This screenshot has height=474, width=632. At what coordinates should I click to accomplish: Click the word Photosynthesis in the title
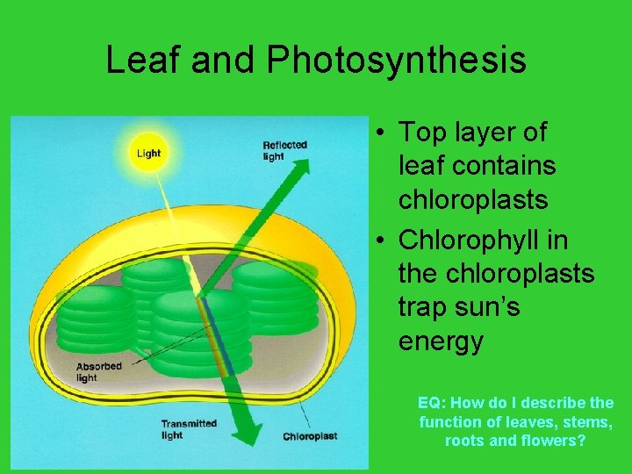pyautogui.click(x=396, y=60)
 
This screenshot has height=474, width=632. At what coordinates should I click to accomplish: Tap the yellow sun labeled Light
pyautogui.click(x=148, y=153)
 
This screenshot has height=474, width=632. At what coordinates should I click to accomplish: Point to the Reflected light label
pyautogui.click(x=284, y=150)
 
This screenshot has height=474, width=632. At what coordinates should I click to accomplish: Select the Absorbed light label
pyautogui.click(x=98, y=372)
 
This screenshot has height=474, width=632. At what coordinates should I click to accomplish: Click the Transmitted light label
pyautogui.click(x=188, y=429)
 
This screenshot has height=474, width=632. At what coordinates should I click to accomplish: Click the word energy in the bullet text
pyautogui.click(x=441, y=341)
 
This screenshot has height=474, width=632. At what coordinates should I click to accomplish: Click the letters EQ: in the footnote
pyautogui.click(x=432, y=403)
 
